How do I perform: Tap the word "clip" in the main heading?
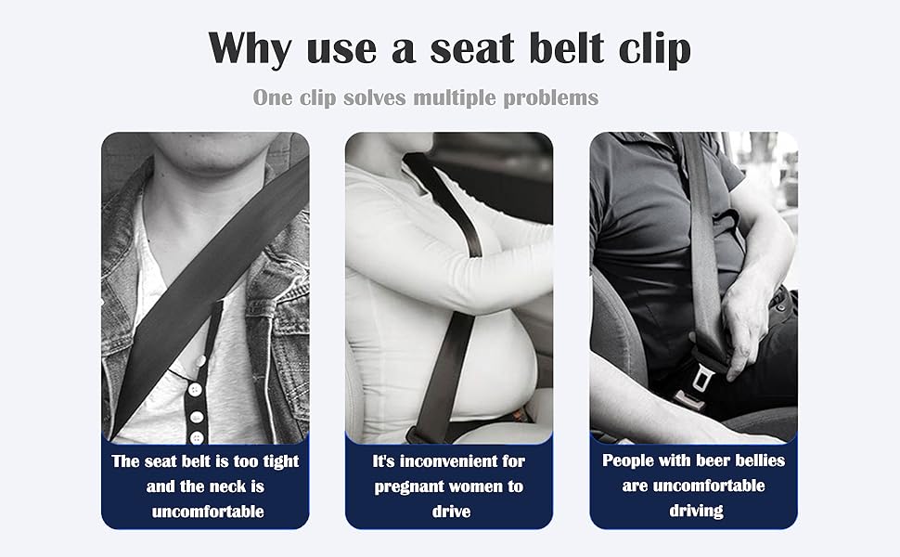[651, 49]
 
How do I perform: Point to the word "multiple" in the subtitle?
[458, 97]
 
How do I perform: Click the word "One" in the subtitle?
[275, 97]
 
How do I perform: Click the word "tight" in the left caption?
[278, 461]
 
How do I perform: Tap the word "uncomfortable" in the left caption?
[205, 511]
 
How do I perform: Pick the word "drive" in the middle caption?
[449, 511]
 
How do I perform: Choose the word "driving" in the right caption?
[695, 510]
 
